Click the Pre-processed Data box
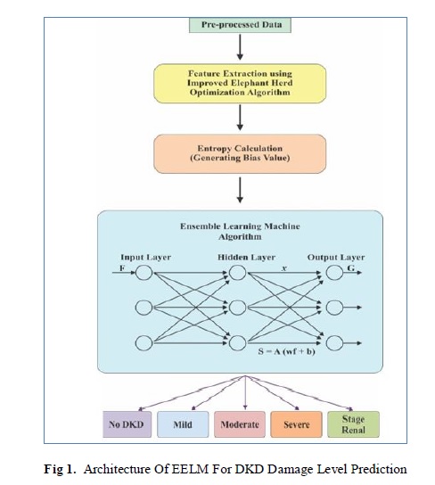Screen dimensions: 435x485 240,25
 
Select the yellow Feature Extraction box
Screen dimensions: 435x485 240,84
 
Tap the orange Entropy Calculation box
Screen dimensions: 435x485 240,153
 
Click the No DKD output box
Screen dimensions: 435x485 127,424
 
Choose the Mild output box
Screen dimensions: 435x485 183,424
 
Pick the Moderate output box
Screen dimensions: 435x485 240,424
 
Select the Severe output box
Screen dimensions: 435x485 296,424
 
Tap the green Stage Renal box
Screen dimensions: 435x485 353,424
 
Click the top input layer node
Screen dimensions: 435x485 144,273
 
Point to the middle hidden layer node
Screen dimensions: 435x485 237,308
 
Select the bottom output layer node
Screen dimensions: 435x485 334,343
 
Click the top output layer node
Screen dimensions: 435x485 334,273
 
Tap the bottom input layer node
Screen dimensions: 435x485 144,343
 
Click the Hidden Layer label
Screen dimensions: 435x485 246,258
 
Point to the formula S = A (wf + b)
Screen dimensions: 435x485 287,351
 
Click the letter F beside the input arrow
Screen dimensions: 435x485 122,267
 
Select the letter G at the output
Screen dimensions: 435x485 351,267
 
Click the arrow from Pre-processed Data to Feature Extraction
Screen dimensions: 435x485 240,47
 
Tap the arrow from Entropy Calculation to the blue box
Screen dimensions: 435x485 240,190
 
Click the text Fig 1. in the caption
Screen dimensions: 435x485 60,469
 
